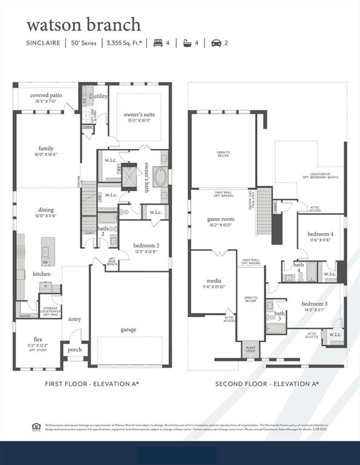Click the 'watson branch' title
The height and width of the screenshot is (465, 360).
(x=83, y=25)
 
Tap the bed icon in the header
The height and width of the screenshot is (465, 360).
(x=159, y=43)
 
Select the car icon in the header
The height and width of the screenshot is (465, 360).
(x=216, y=43)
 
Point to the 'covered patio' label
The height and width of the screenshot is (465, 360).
(x=46, y=95)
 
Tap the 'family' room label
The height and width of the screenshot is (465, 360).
(x=46, y=148)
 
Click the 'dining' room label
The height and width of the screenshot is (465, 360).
(x=46, y=210)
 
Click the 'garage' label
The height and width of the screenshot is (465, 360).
(x=128, y=329)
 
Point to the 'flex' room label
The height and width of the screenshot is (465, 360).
(x=38, y=339)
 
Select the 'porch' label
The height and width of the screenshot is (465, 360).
(x=74, y=349)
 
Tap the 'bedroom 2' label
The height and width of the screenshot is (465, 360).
(x=145, y=245)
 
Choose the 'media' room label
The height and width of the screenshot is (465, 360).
(x=213, y=281)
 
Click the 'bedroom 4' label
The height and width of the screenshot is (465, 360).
(x=320, y=234)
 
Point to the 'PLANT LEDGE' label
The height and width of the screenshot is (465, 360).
(x=250, y=349)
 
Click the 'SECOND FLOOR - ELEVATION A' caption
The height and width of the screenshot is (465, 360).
(x=267, y=384)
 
